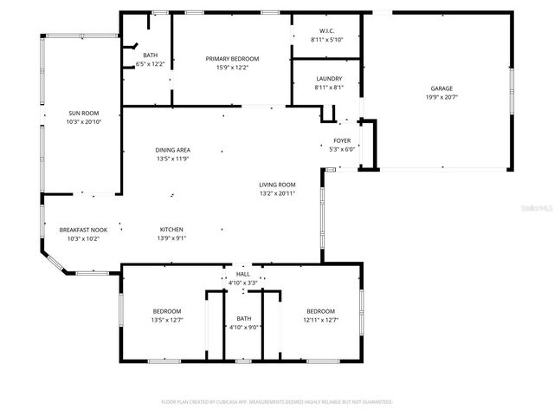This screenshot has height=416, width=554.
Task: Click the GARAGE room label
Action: click(x=442, y=88)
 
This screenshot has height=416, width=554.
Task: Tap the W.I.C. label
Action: click(x=327, y=32)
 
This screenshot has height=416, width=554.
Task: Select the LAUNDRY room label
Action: click(x=329, y=79)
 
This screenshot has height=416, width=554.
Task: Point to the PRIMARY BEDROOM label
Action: click(x=232, y=58)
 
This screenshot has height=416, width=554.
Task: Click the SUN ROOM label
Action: click(x=84, y=114)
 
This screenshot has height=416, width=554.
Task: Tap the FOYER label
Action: click(x=341, y=140)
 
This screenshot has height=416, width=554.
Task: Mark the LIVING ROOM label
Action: click(x=277, y=185)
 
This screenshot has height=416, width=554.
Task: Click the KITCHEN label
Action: click(x=171, y=230)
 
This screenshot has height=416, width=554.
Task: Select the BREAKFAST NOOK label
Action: click(x=83, y=230)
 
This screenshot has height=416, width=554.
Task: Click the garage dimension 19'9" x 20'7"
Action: click(x=442, y=97)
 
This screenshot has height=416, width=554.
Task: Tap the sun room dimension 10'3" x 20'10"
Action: click(x=84, y=122)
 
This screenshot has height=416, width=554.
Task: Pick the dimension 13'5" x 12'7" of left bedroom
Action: click(x=167, y=320)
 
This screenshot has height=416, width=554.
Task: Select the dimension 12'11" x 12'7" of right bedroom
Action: click(x=319, y=320)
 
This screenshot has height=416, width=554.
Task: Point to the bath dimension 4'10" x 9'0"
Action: click(x=243, y=327)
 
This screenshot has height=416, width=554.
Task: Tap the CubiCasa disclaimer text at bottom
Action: click(x=277, y=402)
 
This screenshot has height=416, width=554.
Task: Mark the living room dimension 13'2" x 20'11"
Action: click(x=277, y=193)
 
